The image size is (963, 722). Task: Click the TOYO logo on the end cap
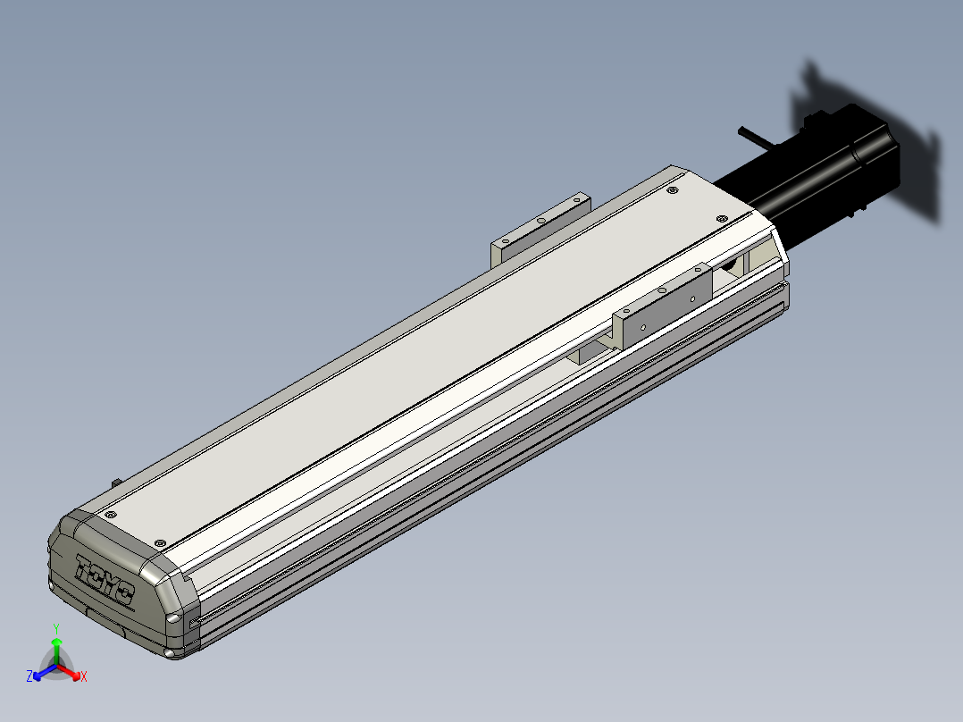pos(104,579)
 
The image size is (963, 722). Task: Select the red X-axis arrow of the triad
pos(69,671)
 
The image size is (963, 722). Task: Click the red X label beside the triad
pos(84,676)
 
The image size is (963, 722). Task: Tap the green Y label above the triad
pos(56,628)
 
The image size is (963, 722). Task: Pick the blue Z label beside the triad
pos(29,676)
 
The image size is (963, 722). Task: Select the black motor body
pos(811,175)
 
